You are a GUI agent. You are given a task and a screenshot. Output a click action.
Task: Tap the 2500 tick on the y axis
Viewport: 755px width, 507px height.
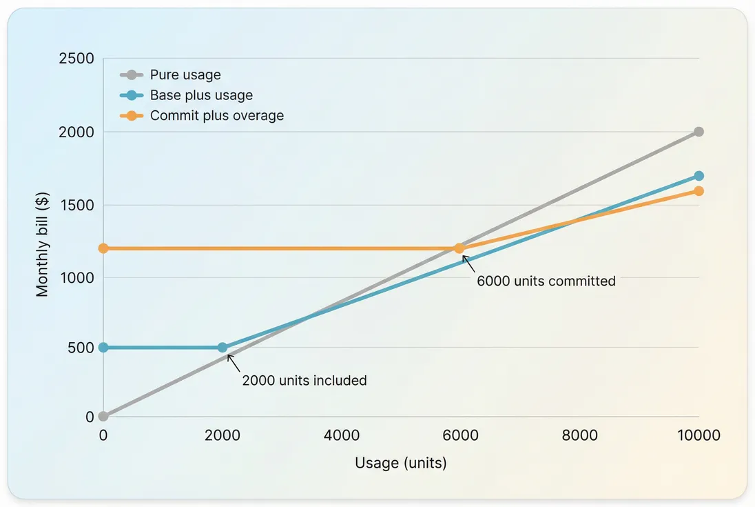[77, 59]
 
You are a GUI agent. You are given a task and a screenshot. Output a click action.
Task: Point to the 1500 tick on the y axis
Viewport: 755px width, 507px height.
[77, 205]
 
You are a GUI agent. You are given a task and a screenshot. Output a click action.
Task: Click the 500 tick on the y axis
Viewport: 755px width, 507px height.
[81, 347]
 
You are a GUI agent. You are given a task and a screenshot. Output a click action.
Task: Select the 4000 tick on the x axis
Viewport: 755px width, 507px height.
[342, 435]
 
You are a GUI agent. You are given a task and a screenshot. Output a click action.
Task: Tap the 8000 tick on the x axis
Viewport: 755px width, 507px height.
[579, 435]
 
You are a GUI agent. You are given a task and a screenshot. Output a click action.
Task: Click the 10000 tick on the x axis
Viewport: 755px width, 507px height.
[699, 435]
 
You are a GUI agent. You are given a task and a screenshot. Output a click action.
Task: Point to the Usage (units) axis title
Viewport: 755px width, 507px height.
[401, 463]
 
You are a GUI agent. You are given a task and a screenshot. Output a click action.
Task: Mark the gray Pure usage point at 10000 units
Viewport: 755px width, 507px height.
[699, 132]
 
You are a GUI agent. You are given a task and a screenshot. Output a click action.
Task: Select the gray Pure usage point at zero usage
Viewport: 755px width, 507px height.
[103, 417]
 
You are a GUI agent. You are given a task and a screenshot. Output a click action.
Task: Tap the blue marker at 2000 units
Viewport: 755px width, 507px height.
[223, 348]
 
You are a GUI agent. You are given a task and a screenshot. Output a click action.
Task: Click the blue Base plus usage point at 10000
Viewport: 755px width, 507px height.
[699, 176]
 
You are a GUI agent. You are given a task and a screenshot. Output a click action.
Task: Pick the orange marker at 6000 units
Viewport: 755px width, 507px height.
[460, 248]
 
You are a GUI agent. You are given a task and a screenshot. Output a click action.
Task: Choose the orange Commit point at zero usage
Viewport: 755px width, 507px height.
[103, 248]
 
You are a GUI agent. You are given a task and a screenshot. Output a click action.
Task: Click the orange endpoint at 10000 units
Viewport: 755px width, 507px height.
[699, 191]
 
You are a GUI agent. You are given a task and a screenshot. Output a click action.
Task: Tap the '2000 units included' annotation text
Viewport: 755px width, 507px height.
[304, 380]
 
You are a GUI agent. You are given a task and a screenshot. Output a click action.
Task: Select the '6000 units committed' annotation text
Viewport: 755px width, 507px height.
[546, 281]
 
